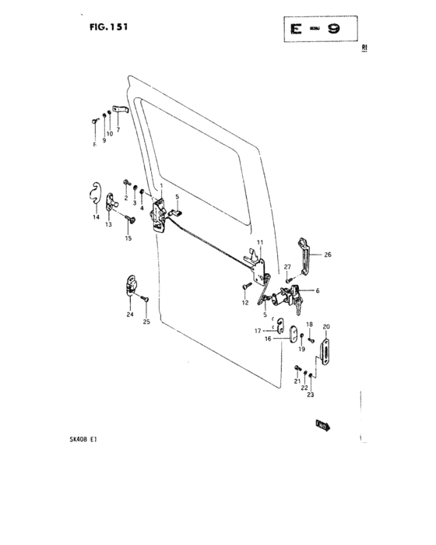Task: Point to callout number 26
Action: (328, 254)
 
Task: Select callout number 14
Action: (97, 218)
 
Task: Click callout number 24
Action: (130, 315)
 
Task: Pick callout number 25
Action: (145, 321)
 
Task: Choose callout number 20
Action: (327, 327)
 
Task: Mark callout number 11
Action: (260, 243)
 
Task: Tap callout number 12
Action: (244, 302)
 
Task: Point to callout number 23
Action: (311, 396)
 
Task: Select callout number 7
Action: (118, 130)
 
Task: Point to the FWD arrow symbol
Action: (323, 425)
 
